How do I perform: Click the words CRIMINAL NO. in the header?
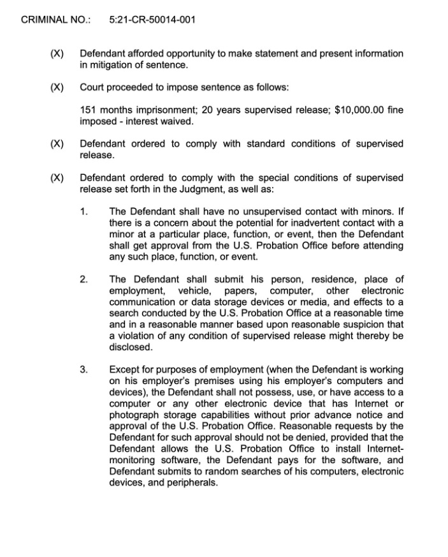coord(55,20)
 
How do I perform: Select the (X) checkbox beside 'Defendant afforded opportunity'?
coord(57,54)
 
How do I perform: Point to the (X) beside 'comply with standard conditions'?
coord(57,144)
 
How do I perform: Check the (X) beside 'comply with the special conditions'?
coord(57,177)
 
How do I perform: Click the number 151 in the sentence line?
coord(89,110)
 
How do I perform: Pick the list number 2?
coord(83,279)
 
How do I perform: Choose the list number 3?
coord(83,369)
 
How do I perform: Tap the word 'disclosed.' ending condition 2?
coord(131,348)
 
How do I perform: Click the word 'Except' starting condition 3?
coord(125,369)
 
